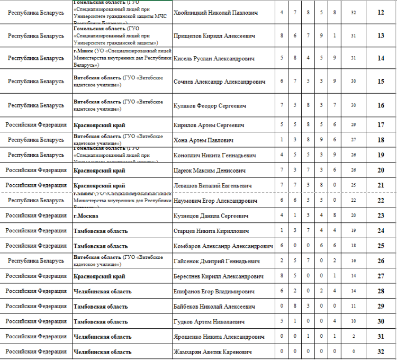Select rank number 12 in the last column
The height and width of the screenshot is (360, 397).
tap(381, 12)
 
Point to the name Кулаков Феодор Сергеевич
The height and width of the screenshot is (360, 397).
tap(210, 106)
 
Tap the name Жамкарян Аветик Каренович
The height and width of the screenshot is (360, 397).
tap(212, 352)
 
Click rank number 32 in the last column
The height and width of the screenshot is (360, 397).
tap(381, 352)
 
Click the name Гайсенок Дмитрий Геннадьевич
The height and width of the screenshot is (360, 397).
tap(216, 262)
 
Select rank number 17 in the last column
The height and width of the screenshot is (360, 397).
tap(381, 125)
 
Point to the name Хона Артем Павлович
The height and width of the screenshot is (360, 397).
tap(203, 140)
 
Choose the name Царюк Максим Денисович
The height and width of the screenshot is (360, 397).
tap(210, 171)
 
